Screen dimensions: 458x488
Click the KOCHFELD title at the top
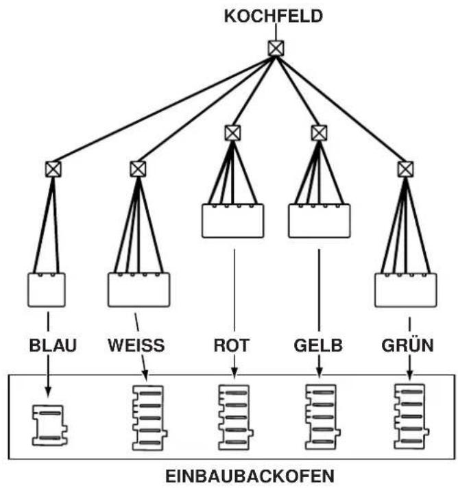point(274,16)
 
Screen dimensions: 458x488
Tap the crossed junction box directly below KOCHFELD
point(276,48)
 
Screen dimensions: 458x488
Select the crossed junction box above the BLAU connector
point(53,169)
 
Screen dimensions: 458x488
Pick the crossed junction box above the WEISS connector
point(138,169)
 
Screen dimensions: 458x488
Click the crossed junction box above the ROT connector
point(232,133)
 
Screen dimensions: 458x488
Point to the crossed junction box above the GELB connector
point(319,133)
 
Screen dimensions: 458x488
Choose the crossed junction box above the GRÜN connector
point(405,169)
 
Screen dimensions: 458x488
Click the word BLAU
point(53,345)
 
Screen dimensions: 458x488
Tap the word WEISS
point(136,345)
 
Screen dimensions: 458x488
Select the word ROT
point(231,345)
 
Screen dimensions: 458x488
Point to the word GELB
point(318,345)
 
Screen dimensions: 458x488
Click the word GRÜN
point(407,345)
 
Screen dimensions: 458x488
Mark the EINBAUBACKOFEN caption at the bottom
point(250,476)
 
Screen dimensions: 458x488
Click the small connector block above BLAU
point(47,290)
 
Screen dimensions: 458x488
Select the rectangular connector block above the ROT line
point(233,221)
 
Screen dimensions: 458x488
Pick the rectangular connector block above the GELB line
point(320,221)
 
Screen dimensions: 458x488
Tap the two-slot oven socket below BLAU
point(50,425)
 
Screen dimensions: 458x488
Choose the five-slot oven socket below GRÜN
point(411,417)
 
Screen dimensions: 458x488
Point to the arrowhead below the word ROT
point(234,373)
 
